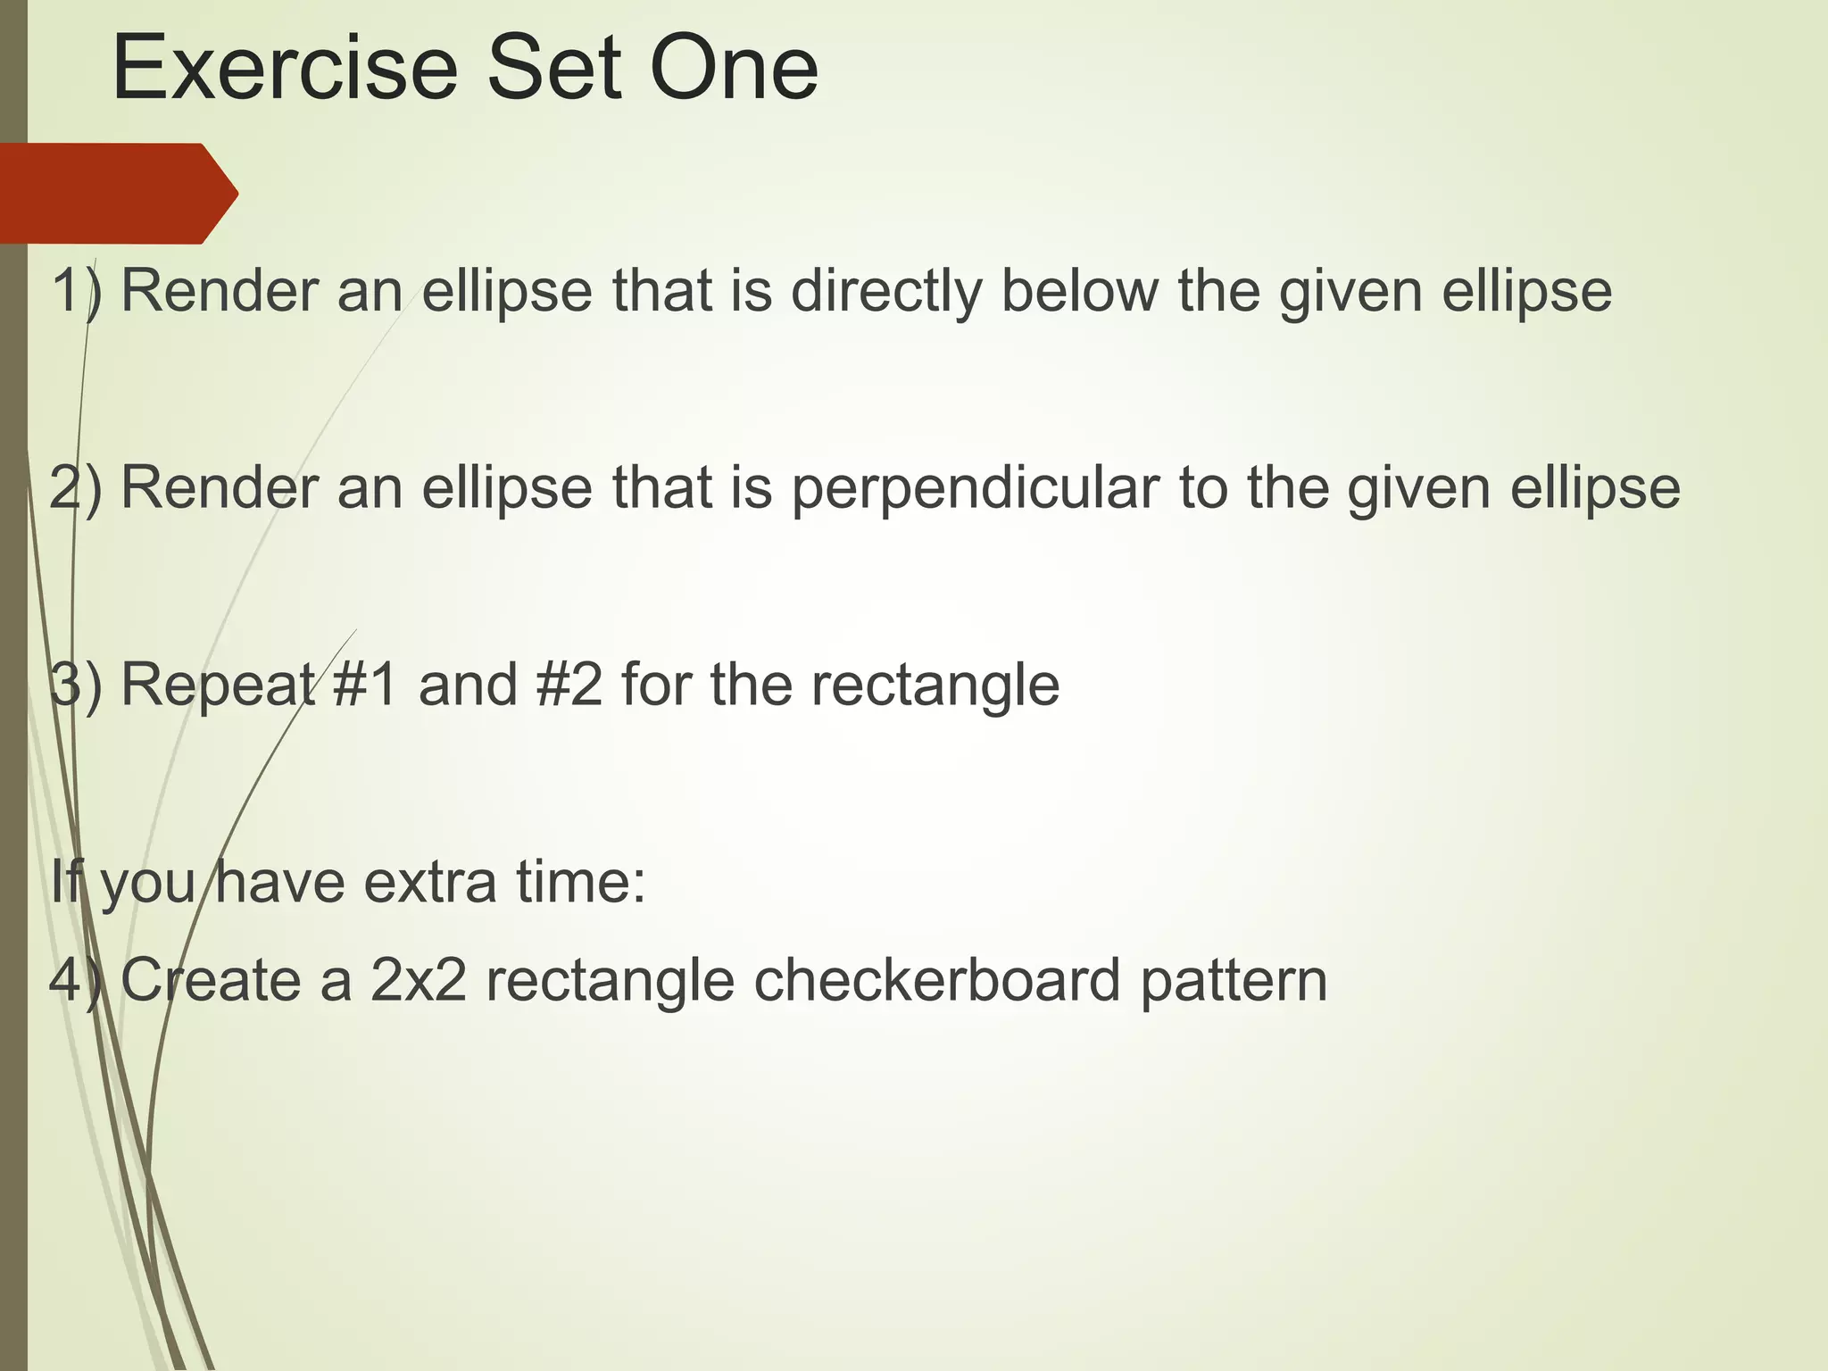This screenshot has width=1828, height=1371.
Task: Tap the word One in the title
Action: [734, 70]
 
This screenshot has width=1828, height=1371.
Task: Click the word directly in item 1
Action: [885, 293]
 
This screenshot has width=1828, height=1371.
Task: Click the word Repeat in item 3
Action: [219, 686]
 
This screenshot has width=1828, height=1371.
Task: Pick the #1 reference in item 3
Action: [365, 685]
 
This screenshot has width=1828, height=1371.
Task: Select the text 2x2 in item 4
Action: [419, 980]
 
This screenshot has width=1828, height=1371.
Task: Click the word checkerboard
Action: [937, 980]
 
